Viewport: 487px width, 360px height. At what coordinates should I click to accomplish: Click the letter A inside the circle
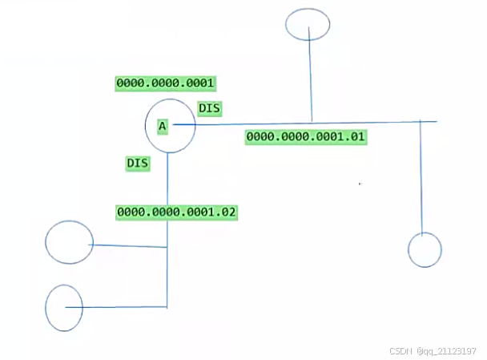coord(163,127)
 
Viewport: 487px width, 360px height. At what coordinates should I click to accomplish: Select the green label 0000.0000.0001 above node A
coord(166,83)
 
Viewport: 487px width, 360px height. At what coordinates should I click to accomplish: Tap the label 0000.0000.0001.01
coord(306,136)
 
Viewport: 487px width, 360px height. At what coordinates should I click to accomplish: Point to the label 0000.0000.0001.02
coord(177,212)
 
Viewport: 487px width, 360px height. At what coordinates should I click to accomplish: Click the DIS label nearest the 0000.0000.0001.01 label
coord(210,107)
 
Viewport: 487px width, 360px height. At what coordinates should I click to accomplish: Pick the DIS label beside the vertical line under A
coord(139,163)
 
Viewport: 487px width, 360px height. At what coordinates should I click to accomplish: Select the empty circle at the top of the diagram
coord(308,24)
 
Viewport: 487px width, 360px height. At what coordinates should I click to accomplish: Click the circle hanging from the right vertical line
coord(425,249)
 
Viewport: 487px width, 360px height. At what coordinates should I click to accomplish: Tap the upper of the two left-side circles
coord(70,242)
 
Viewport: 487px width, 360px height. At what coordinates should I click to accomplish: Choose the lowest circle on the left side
coord(64,308)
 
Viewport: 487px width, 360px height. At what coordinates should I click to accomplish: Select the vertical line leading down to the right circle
coord(421,176)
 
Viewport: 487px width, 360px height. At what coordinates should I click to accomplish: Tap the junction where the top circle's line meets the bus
coord(311,123)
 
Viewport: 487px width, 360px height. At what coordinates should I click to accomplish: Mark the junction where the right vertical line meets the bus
coord(421,122)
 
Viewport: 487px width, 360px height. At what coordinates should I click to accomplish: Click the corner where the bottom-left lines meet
coord(167,307)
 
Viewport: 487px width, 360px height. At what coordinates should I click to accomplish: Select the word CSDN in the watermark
coord(400,351)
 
